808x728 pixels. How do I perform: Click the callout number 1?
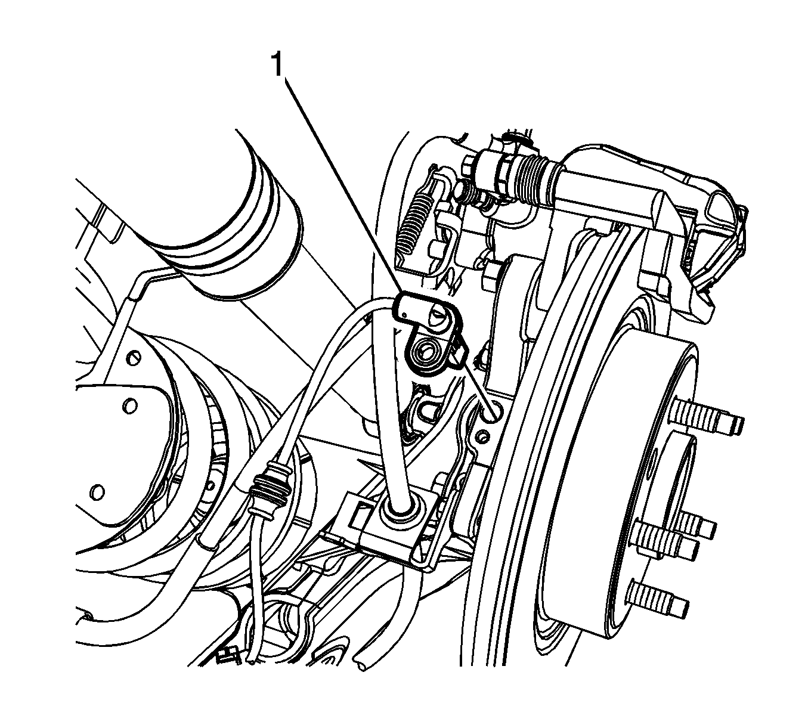278,64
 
